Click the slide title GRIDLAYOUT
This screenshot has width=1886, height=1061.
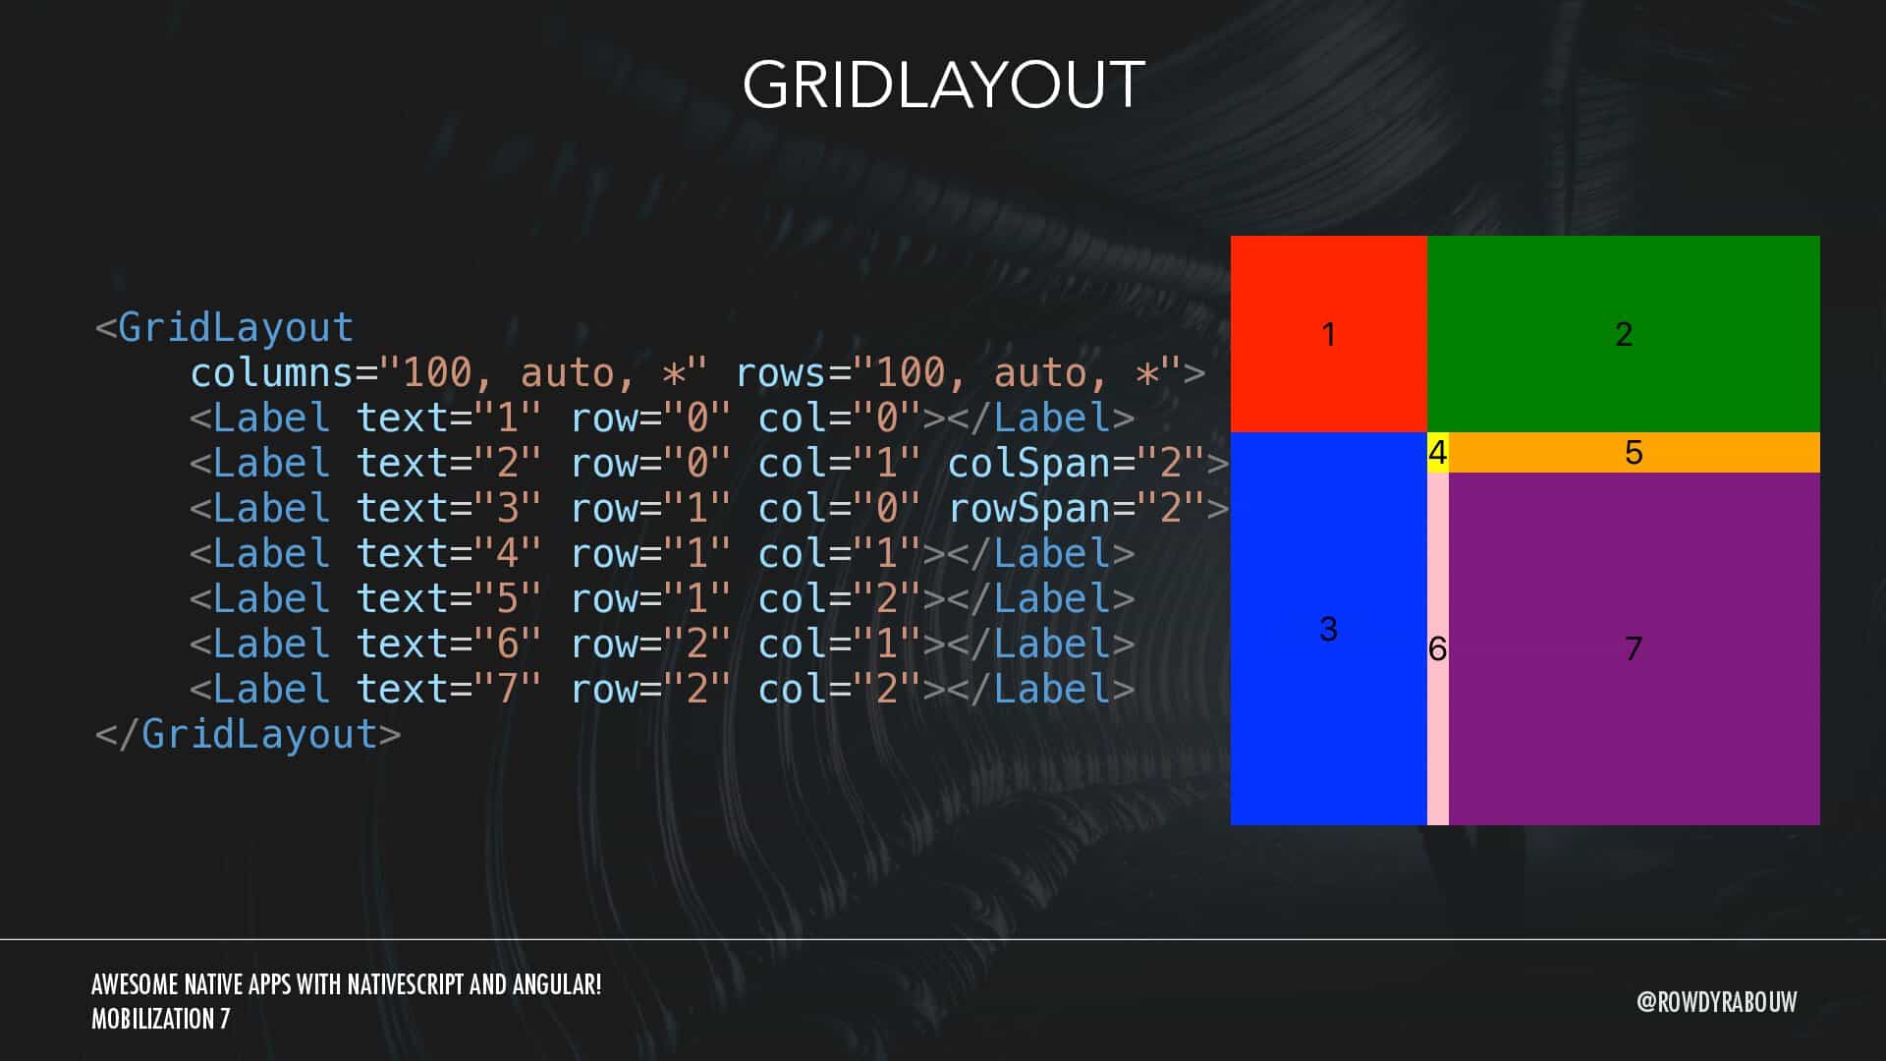(x=943, y=84)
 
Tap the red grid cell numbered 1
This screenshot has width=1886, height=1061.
(x=1328, y=334)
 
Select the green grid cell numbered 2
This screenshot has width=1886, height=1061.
(x=1623, y=334)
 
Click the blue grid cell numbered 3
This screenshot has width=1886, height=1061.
(x=1328, y=629)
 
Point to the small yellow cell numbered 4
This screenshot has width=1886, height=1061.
(x=1437, y=453)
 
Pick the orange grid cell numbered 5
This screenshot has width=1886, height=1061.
(x=1634, y=453)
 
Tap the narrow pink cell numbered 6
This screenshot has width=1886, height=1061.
(x=1437, y=648)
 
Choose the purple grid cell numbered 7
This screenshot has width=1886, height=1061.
(x=1634, y=648)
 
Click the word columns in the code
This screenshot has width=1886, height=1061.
(x=271, y=373)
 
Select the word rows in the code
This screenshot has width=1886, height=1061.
(x=781, y=373)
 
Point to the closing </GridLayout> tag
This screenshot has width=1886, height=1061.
(x=248, y=735)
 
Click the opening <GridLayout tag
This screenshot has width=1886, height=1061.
(x=224, y=328)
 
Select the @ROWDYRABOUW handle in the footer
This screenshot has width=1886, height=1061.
(x=1716, y=1002)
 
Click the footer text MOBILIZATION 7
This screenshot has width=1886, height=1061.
(x=161, y=1019)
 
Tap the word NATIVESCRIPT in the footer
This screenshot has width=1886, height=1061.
(x=406, y=984)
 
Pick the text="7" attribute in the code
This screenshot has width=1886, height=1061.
(x=448, y=690)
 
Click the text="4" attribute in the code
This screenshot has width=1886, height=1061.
(x=448, y=554)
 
